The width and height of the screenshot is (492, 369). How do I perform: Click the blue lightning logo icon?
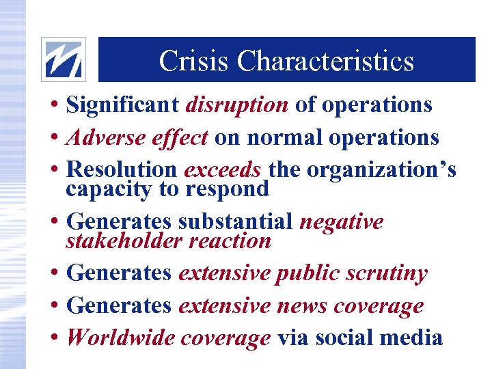pyautogui.click(x=64, y=59)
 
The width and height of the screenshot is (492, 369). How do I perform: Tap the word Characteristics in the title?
pyautogui.click(x=326, y=61)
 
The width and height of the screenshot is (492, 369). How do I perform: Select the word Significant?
pyautogui.click(x=123, y=105)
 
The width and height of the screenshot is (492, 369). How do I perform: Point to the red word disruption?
pyautogui.click(x=236, y=105)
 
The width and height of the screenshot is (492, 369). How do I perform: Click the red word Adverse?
pyautogui.click(x=100, y=137)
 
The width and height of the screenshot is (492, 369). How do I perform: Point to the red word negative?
pyautogui.click(x=342, y=222)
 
